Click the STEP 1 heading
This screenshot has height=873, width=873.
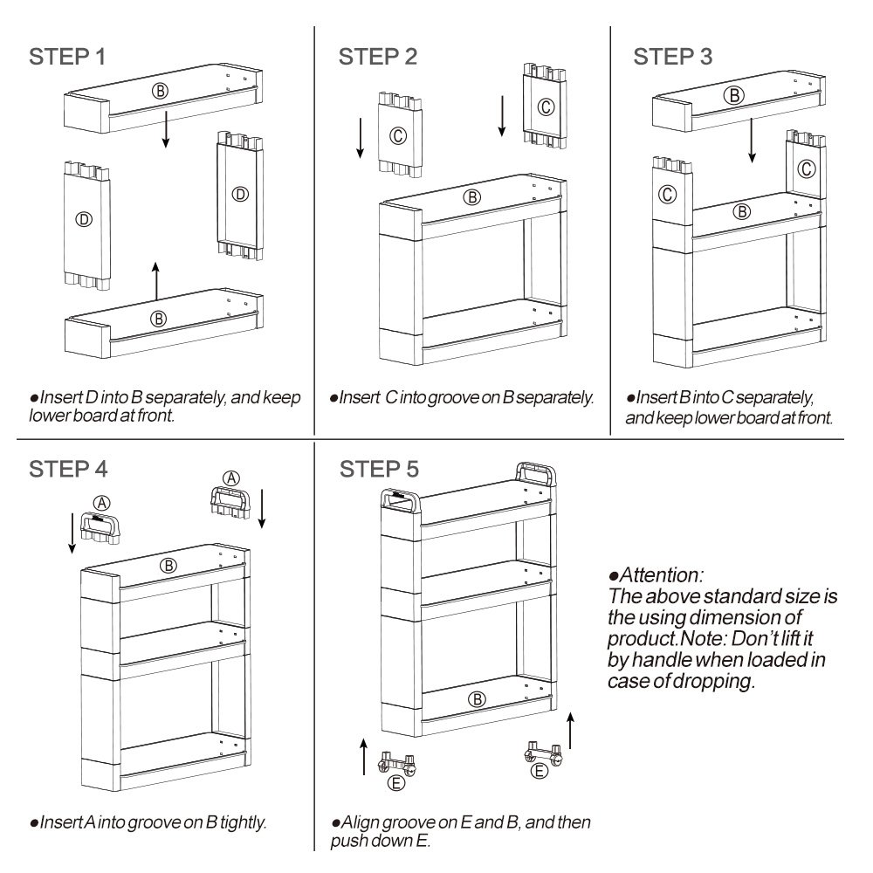[68, 58]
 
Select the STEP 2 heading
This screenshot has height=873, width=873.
[377, 58]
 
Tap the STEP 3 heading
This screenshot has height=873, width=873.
[672, 58]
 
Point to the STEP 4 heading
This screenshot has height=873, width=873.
[68, 468]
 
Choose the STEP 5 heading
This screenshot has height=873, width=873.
[377, 468]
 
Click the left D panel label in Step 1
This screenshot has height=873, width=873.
[83, 219]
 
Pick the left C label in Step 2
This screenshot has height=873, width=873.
[397, 135]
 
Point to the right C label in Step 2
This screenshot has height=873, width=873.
[545, 107]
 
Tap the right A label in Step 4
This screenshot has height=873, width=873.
[231, 478]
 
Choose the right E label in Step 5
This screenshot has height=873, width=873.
[540, 770]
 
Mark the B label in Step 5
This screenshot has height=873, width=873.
[476, 698]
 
